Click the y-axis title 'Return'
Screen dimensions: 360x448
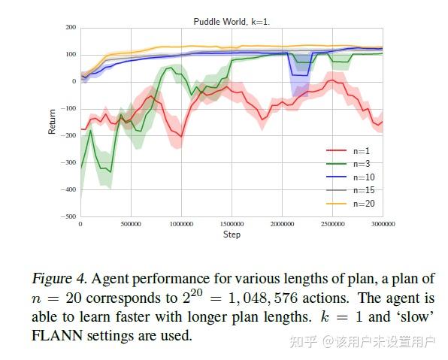coord(52,123)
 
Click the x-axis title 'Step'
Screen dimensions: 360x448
coord(232,235)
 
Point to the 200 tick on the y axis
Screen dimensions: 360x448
coord(71,28)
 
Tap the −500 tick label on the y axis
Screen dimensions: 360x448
coord(68,216)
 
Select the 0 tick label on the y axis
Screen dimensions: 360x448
coord(74,82)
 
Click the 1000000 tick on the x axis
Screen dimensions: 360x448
coord(180,224)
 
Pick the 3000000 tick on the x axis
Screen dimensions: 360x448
coord(382,224)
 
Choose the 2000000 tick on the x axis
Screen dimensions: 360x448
coord(281,224)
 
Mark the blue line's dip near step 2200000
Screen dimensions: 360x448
coord(299,74)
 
